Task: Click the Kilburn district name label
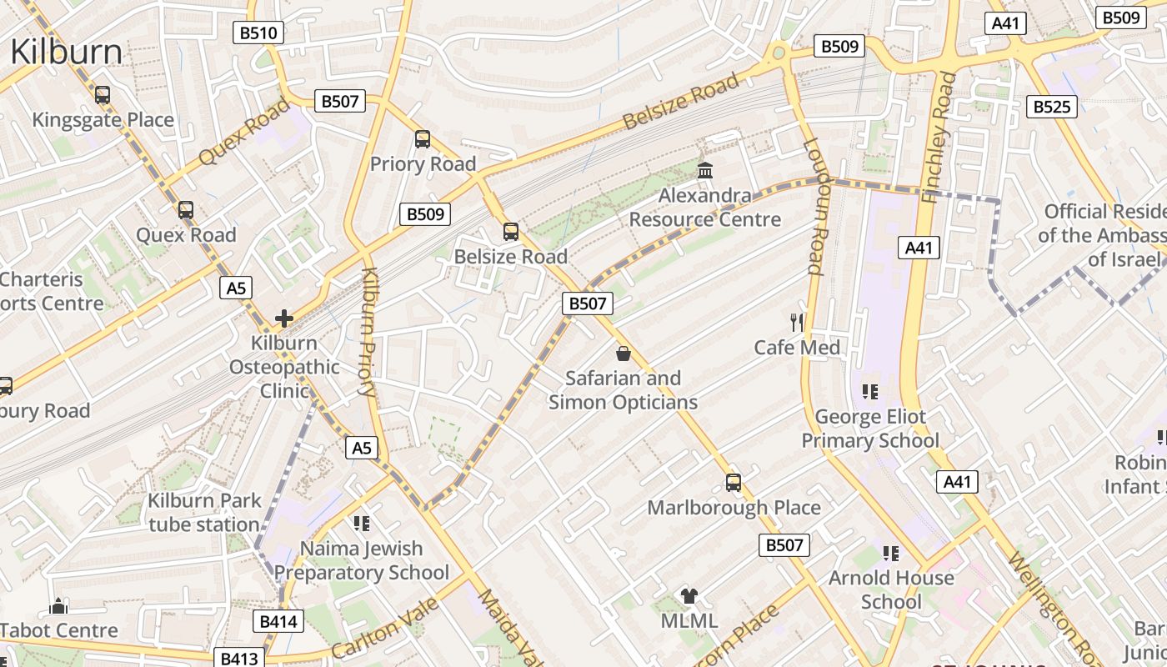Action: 66,52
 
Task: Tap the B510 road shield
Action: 258,33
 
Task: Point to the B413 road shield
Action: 240,658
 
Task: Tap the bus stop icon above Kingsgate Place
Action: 102,95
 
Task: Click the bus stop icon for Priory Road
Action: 423,139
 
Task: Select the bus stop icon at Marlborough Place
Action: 734,482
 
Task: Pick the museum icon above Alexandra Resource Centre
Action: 705,171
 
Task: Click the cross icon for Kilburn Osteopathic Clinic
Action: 284,318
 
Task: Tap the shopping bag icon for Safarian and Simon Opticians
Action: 623,354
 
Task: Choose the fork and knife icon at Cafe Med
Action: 797,322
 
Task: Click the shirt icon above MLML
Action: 689,595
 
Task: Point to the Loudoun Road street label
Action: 814,206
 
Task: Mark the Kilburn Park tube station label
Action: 204,513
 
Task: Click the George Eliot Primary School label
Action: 870,429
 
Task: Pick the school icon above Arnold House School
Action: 891,553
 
